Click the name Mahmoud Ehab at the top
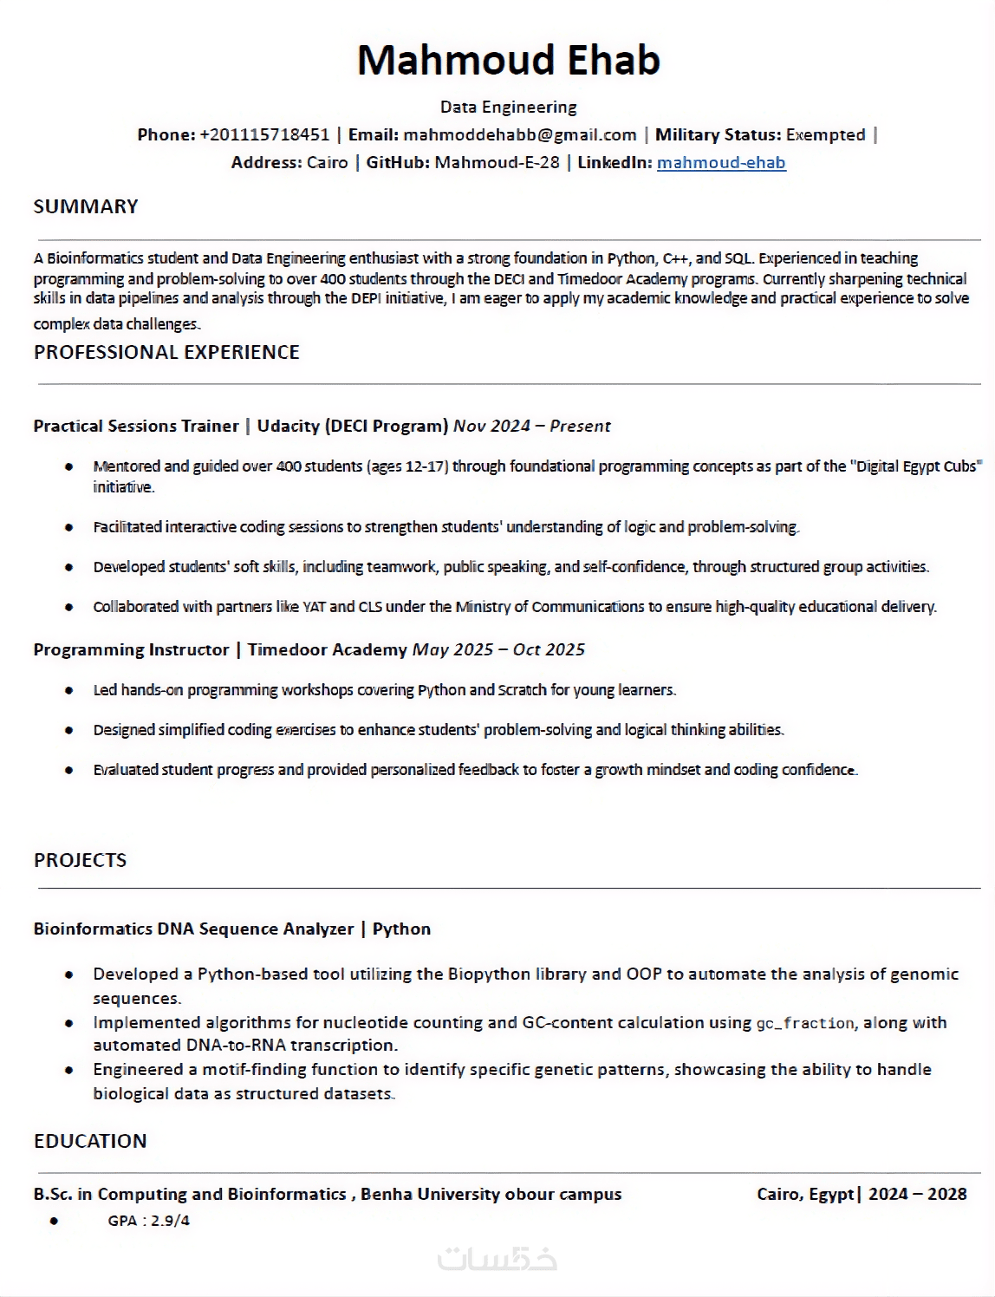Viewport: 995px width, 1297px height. [x=508, y=60]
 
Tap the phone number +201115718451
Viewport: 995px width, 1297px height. [x=264, y=134]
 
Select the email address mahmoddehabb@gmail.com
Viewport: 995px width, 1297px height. [x=520, y=134]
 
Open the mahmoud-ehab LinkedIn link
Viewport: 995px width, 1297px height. [x=721, y=162]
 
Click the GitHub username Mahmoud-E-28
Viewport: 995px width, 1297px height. [x=497, y=162]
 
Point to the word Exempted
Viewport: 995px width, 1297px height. [x=825, y=134]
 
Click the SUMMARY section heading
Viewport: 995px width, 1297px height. [x=86, y=206]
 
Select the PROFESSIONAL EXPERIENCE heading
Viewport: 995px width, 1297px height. [x=166, y=352]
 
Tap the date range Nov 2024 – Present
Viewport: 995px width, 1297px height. [x=531, y=426]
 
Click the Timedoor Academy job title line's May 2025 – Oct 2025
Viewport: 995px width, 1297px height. [x=498, y=649]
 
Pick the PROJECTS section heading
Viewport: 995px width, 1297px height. [x=80, y=860]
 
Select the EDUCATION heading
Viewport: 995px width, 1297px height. [x=90, y=1141]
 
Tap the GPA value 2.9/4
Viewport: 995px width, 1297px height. [x=170, y=1221]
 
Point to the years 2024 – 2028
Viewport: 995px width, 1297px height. [x=917, y=1194]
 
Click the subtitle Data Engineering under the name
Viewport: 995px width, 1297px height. [x=508, y=107]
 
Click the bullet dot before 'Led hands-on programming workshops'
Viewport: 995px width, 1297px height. [x=69, y=690]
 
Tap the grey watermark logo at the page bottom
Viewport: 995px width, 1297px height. [x=497, y=1259]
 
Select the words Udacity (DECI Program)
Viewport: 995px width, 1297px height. [x=352, y=426]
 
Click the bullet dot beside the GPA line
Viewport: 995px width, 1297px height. [x=54, y=1221]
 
